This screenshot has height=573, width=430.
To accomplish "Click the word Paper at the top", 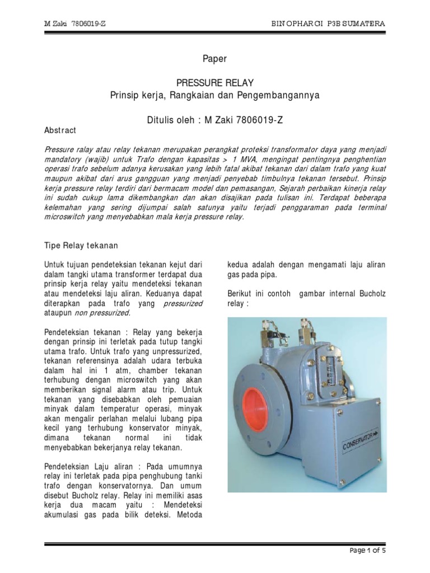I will pyautogui.click(x=214, y=58).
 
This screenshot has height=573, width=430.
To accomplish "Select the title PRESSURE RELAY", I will pyautogui.click(x=215, y=83).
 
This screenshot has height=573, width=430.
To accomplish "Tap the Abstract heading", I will pyautogui.click(x=60, y=130).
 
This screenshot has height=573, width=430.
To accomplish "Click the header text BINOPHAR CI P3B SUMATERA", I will pyautogui.click(x=328, y=24).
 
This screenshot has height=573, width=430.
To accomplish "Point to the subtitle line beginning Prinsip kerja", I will pyautogui.click(x=215, y=95).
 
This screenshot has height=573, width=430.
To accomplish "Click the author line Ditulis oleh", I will pyautogui.click(x=215, y=119).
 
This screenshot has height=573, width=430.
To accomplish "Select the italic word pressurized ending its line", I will pyautogui.click(x=183, y=303).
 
